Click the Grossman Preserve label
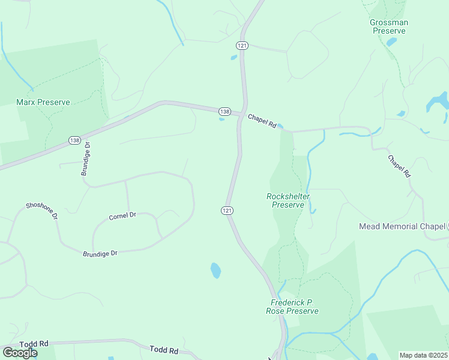389,26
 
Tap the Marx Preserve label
43,102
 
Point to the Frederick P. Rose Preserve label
292,307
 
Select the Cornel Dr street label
122,215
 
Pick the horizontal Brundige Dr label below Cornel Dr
100,254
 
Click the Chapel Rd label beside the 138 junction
262,121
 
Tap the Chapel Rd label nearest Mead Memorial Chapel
399,166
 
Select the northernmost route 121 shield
242,46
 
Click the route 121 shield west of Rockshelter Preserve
226,211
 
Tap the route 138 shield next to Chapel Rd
224,112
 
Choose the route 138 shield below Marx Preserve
74,140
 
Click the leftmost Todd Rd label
34,344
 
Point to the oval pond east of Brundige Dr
215,271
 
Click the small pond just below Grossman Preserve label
391,42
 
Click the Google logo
20,352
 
